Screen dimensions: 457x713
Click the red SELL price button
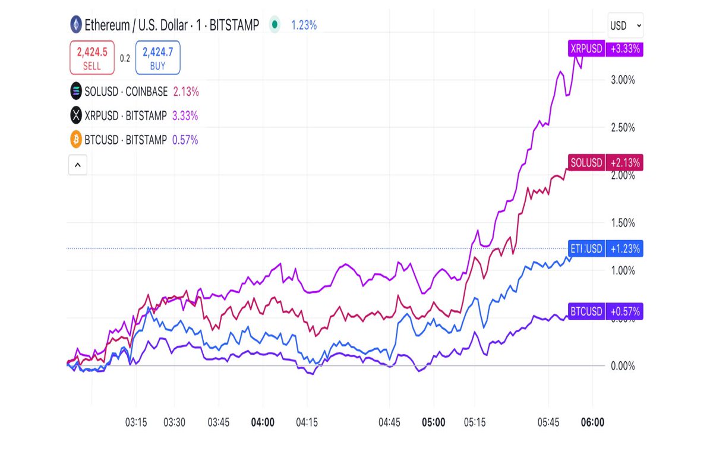coord(92,58)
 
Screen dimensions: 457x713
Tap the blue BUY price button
coord(157,58)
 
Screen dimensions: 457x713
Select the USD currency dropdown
coord(625,26)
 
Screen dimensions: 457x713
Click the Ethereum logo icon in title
coord(75,25)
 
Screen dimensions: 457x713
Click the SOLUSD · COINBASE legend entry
coord(126,92)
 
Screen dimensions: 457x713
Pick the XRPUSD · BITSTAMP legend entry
coord(125,115)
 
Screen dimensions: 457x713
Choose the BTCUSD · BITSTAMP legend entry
coord(126,140)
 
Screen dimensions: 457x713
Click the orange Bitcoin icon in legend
coord(75,140)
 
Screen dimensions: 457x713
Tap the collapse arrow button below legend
coord(78,165)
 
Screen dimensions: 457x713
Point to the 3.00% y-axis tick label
coord(623,80)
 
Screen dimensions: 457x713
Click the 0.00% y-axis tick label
coord(623,365)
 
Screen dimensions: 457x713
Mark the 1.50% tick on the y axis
coord(623,223)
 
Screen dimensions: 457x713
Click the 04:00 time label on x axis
coord(263,423)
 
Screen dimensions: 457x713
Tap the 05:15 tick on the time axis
coord(475,423)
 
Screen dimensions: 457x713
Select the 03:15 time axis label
coord(135,423)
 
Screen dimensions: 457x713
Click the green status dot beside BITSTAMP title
coord(274,25)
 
